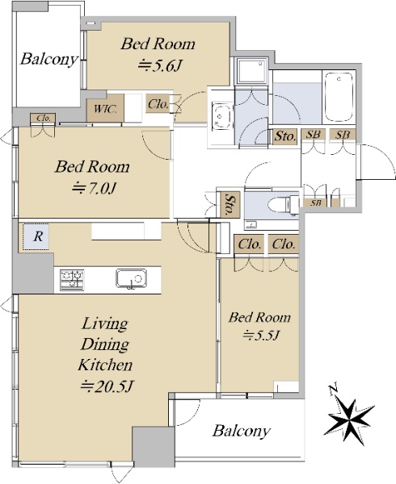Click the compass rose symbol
click(348, 419)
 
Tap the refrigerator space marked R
click(36, 236)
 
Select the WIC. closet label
click(105, 109)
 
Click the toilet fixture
click(283, 204)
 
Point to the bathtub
click(339, 97)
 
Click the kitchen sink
click(132, 278)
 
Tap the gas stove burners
click(72, 279)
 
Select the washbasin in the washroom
click(221, 117)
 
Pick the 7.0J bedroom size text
click(94, 188)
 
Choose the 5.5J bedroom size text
click(262, 335)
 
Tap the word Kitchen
click(105, 365)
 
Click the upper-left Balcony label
click(48, 59)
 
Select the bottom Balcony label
click(241, 431)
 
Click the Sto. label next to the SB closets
click(285, 136)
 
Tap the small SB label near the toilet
click(315, 202)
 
